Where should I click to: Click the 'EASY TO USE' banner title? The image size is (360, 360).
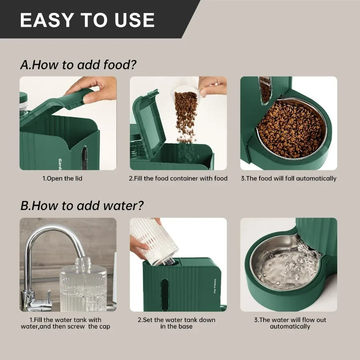(x=87, y=20)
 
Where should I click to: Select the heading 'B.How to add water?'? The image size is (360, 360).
(x=82, y=206)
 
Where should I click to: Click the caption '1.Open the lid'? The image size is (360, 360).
(x=62, y=178)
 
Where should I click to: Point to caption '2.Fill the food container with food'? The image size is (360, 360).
(x=178, y=178)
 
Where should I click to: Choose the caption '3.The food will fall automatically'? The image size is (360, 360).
(x=288, y=178)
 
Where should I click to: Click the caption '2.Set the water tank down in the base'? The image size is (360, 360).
(x=176, y=323)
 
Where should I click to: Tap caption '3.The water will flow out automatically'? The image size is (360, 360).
(x=290, y=323)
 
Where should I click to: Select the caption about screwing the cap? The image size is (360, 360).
(x=65, y=323)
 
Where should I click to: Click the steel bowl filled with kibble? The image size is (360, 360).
(x=291, y=129)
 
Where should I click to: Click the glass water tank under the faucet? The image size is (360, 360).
(x=83, y=286)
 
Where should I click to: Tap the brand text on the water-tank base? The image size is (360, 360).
(x=215, y=287)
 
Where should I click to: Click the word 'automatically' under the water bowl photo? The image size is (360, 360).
(x=290, y=326)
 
